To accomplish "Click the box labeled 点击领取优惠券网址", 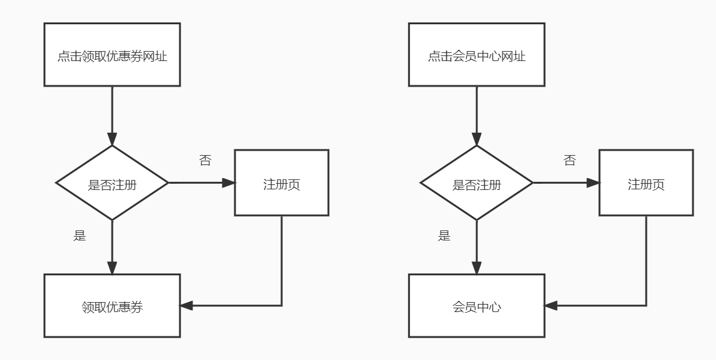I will (x=112, y=55).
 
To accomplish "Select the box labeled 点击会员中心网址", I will (x=477, y=55).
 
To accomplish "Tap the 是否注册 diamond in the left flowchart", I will (x=112, y=183).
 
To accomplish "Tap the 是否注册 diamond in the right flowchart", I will (x=477, y=183).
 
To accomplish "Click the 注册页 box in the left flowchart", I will (x=282, y=183).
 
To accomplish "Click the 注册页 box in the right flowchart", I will (x=646, y=183).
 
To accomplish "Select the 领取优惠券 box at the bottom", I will (x=112, y=306).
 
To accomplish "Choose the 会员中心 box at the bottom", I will (x=477, y=306).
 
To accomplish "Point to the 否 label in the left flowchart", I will (x=205, y=161).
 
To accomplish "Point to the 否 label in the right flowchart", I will (x=570, y=161).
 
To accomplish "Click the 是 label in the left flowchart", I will (x=80, y=235).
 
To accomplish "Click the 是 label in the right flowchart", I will (x=444, y=235).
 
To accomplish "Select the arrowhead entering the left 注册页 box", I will (x=229, y=183).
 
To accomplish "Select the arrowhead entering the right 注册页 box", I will (x=593, y=183).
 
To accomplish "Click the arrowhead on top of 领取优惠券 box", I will (x=112, y=268).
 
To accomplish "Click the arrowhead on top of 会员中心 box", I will (x=477, y=268).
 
